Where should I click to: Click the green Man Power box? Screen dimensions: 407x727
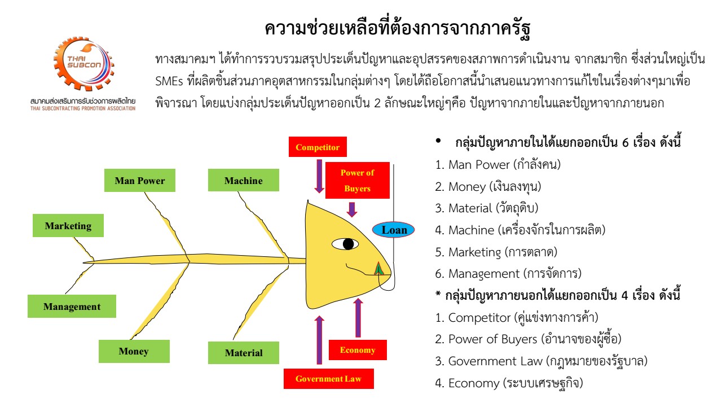click(139, 181)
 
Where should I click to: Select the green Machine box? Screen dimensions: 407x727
click(243, 181)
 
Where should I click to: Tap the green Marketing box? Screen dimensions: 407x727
click(68, 226)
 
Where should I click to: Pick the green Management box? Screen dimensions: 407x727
click(72, 307)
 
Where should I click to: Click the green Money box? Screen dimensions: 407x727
click(133, 351)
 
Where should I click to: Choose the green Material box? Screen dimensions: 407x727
click(244, 353)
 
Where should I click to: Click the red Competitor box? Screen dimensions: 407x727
click(318, 147)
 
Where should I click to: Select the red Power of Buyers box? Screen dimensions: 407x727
click(357, 181)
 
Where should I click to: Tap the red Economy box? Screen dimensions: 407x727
click(357, 350)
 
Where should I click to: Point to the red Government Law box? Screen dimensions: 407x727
click(328, 378)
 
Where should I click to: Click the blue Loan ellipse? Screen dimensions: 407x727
click(394, 230)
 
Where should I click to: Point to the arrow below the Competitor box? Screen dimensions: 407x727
click(319, 177)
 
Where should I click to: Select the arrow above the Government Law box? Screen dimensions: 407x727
click(319, 340)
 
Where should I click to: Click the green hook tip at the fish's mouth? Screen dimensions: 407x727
click(379, 269)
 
